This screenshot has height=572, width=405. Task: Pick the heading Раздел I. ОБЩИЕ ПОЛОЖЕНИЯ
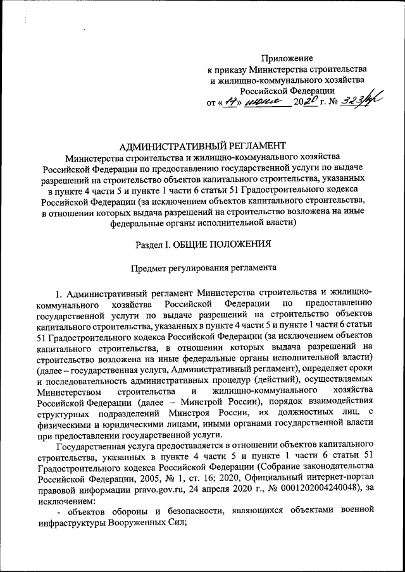(203, 244)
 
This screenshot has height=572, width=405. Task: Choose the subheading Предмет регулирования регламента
(203, 267)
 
